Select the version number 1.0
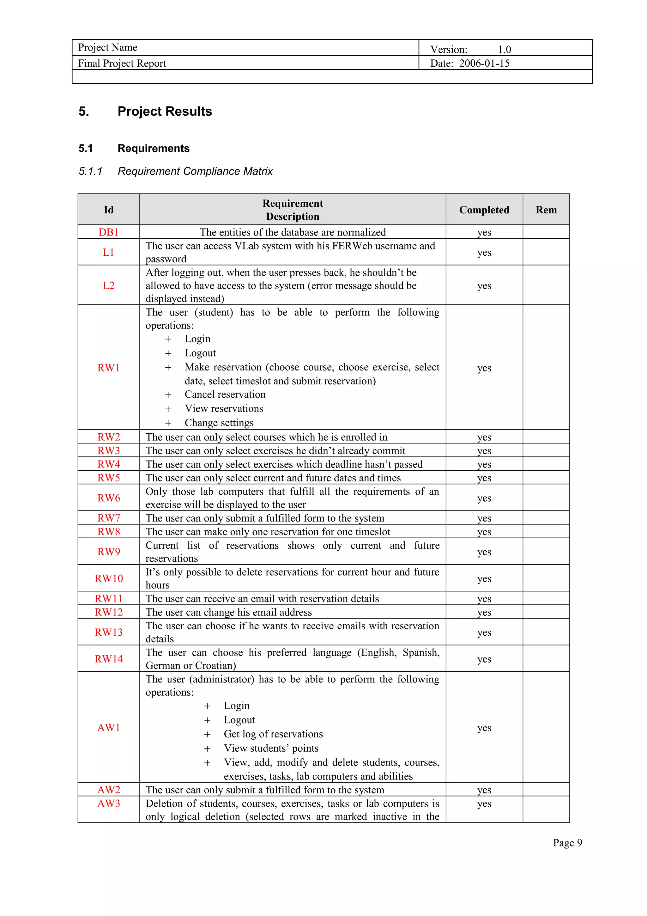tap(504, 50)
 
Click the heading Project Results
tap(164, 111)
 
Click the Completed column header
tap(484, 210)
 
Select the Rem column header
tap(546, 210)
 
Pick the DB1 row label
tap(108, 232)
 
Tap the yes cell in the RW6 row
tap(484, 498)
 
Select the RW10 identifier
tap(108, 578)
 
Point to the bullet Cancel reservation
tap(225, 394)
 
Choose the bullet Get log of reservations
tap(273, 734)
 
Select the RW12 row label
tap(108, 612)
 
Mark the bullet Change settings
tap(219, 423)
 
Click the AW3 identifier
tap(108, 803)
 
